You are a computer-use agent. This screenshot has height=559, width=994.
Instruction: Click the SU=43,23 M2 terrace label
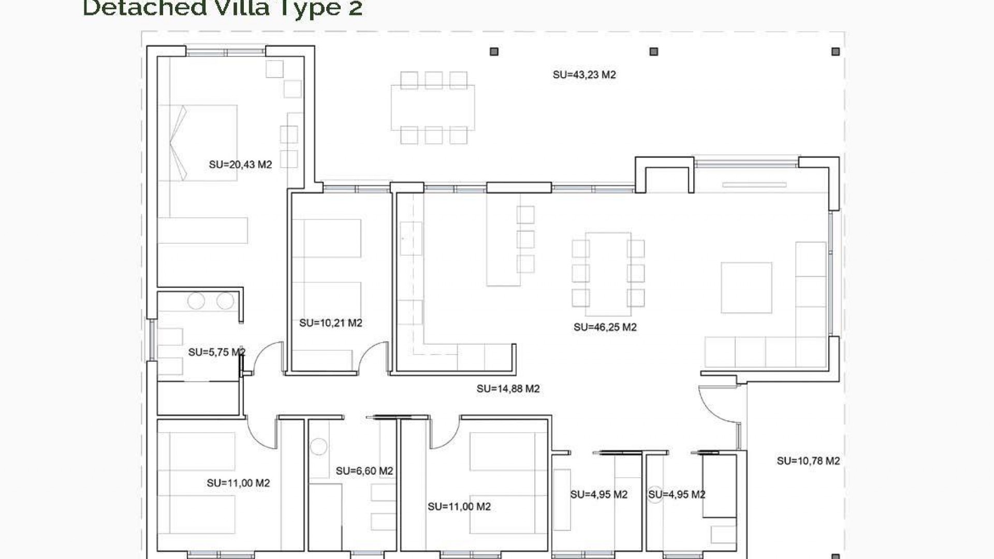584,75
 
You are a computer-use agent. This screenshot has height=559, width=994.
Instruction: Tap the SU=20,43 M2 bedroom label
240,165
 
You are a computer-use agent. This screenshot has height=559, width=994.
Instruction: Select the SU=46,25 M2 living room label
605,327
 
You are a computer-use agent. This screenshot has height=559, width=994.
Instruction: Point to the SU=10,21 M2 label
330,323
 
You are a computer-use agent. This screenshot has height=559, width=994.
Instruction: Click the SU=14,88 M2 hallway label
508,389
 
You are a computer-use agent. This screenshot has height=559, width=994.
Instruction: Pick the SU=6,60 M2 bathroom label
364,471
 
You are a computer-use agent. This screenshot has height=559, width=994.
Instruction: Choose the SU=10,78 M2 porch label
808,461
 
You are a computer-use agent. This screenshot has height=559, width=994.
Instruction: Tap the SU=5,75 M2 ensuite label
216,352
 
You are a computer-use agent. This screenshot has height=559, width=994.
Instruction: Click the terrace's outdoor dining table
432,108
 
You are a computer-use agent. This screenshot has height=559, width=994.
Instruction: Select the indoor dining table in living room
608,273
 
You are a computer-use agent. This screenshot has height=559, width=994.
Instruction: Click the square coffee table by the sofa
746,287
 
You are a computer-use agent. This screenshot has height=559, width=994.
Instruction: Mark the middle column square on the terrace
653,52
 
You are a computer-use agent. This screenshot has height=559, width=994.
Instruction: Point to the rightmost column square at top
835,52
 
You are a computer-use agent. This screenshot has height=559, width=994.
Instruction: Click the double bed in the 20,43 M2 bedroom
198,143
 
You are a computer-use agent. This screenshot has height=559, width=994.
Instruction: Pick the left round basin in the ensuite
196,301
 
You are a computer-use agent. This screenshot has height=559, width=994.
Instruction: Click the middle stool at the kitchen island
525,239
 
